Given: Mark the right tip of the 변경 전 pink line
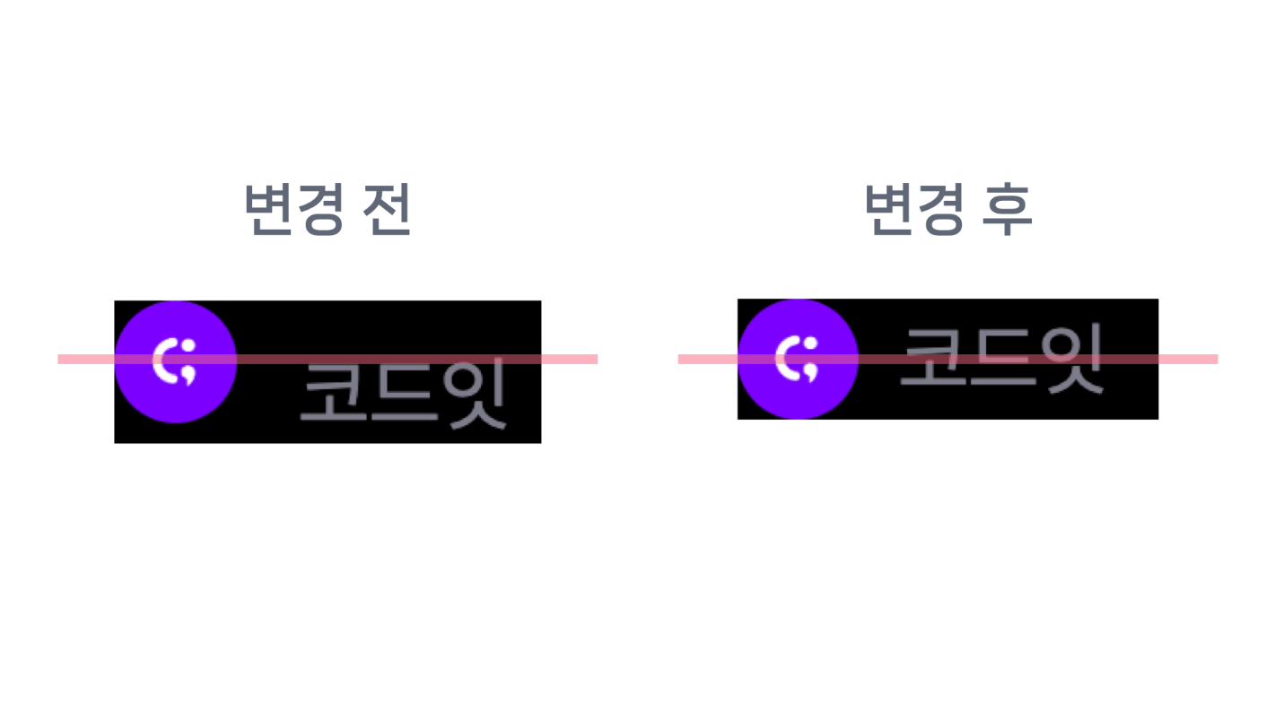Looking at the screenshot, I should click(x=595, y=360).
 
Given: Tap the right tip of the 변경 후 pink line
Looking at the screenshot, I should click(x=1215, y=360).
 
